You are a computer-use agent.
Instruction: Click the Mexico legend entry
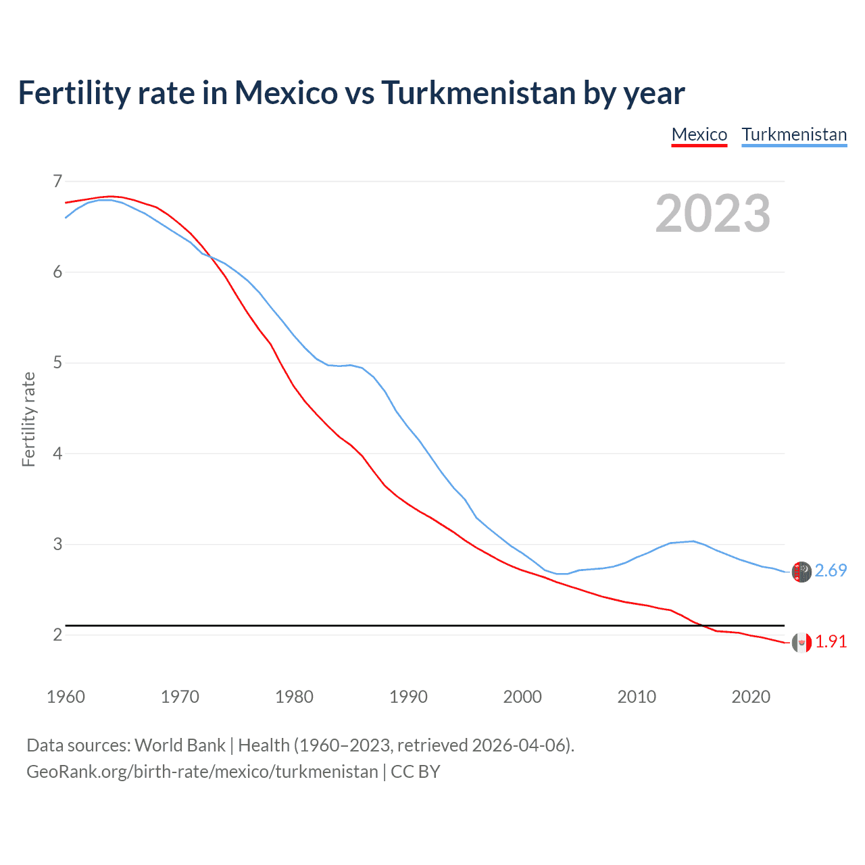699,134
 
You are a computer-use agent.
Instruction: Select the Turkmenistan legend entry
794,134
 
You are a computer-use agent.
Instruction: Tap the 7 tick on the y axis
57,181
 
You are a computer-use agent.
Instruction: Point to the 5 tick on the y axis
57,363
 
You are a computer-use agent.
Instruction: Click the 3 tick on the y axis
57,544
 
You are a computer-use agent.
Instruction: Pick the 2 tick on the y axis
57,635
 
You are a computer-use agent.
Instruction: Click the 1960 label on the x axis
66,697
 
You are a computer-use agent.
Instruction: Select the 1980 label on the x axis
294,697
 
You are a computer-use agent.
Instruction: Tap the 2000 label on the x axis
522,697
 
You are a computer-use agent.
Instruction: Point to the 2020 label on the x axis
751,697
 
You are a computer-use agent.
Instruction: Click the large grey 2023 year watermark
713,214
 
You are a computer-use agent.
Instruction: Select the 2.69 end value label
831,571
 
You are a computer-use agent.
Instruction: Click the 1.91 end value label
831,642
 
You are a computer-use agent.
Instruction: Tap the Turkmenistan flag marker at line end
801,572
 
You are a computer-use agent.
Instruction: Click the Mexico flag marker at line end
801,643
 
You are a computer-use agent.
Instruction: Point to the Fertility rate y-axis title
28,419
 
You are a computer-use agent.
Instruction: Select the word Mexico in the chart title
286,93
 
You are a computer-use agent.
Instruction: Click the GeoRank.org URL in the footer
202,772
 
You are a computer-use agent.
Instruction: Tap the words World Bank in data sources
180,745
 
